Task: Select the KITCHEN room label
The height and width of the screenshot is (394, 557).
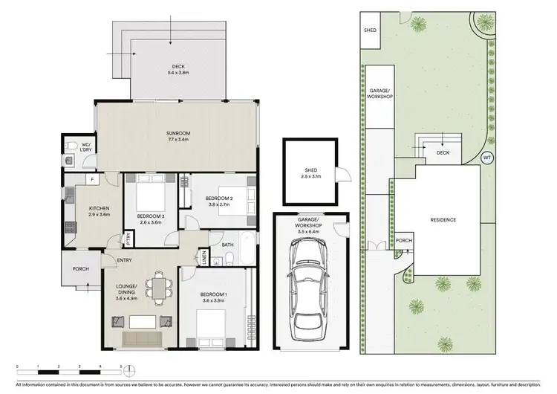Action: pos(99,211)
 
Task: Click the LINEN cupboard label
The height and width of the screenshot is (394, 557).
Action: pos(204,257)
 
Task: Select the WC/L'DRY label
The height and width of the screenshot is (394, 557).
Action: pos(86,146)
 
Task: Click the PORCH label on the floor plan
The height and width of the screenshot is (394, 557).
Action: pos(80,269)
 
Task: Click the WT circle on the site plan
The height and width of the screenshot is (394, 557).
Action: pos(487,157)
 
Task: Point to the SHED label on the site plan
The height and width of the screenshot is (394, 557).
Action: pos(369,31)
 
